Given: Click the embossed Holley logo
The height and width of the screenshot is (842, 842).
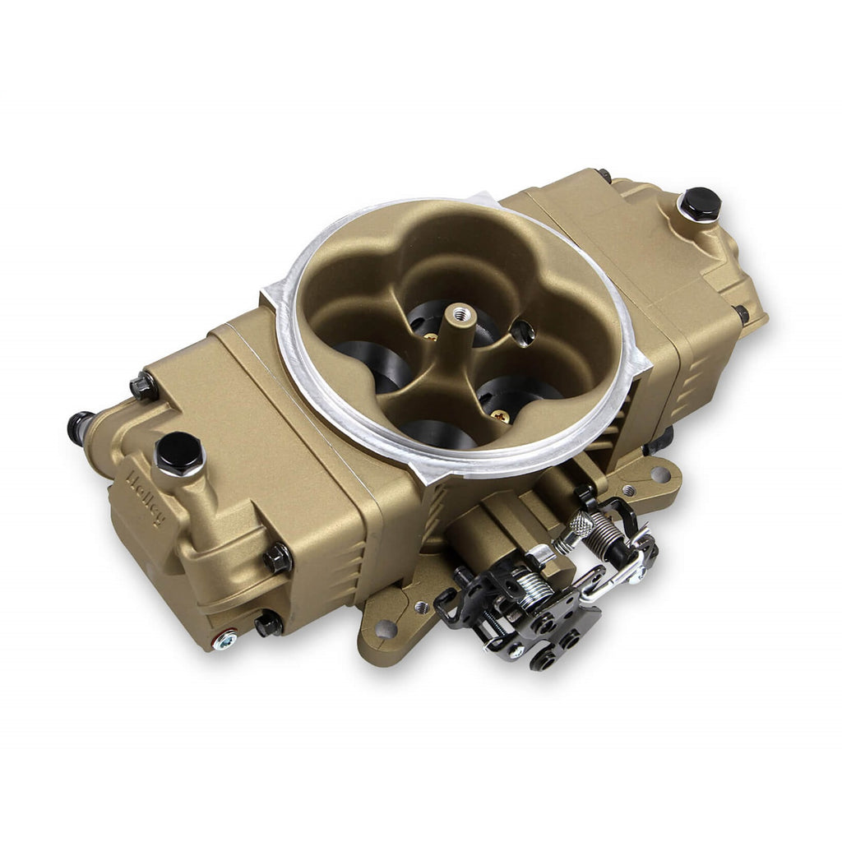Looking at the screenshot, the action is click(x=146, y=497).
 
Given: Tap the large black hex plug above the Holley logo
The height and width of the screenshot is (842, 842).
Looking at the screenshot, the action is click(x=179, y=453).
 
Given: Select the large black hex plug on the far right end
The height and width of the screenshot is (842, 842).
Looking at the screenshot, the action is click(x=700, y=204).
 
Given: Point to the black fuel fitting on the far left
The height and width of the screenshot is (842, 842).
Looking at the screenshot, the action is click(x=79, y=427).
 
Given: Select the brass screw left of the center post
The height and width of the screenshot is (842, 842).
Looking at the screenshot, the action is click(x=431, y=336).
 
